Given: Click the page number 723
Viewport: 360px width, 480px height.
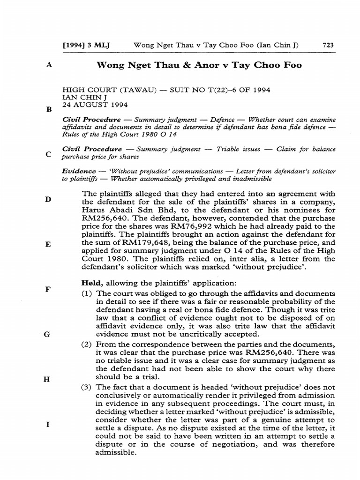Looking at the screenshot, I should [328, 45].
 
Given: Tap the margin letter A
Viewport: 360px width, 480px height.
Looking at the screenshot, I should [49, 66].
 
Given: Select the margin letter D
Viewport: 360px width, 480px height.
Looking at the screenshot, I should [48, 199].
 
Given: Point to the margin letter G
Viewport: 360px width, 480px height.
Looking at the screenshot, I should [47, 334].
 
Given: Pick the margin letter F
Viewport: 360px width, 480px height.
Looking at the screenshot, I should [48, 289].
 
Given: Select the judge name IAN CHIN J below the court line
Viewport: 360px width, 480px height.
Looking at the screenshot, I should [82, 97].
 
